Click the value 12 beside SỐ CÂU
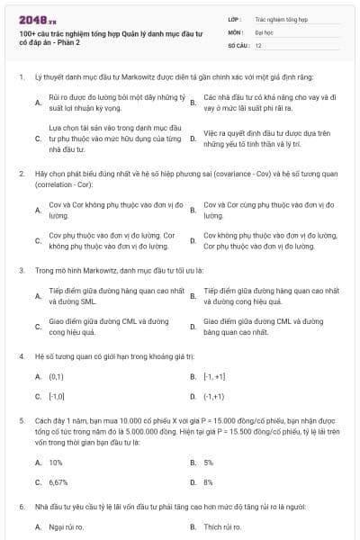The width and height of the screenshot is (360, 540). [258, 44]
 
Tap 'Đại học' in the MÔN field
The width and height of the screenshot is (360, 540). [264, 31]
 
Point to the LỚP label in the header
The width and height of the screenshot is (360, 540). [235, 18]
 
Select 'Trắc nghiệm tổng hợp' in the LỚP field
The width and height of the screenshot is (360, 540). [281, 18]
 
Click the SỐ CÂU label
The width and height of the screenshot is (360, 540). [238, 44]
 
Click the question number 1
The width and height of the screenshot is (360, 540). [21, 77]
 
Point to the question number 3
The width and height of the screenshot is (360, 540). [21, 269]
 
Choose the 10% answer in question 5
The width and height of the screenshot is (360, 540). [55, 462]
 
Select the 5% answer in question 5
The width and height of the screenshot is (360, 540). [208, 462]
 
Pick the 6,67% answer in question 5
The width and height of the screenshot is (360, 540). [58, 482]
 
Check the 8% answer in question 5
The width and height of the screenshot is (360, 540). [208, 482]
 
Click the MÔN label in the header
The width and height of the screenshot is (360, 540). [236, 31]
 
